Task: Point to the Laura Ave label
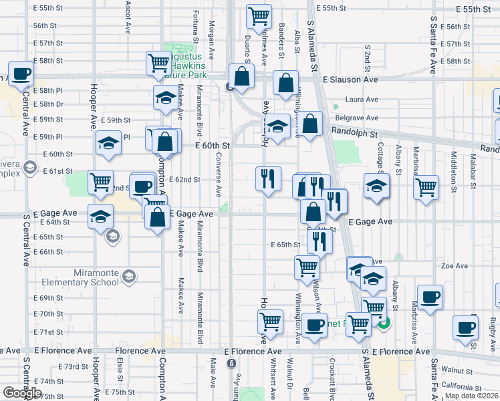pos(362,100)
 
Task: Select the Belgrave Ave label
pos(366,117)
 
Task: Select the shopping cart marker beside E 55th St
pos(259,15)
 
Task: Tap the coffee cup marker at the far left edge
pos(20,73)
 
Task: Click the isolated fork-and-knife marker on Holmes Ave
pos(268,178)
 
